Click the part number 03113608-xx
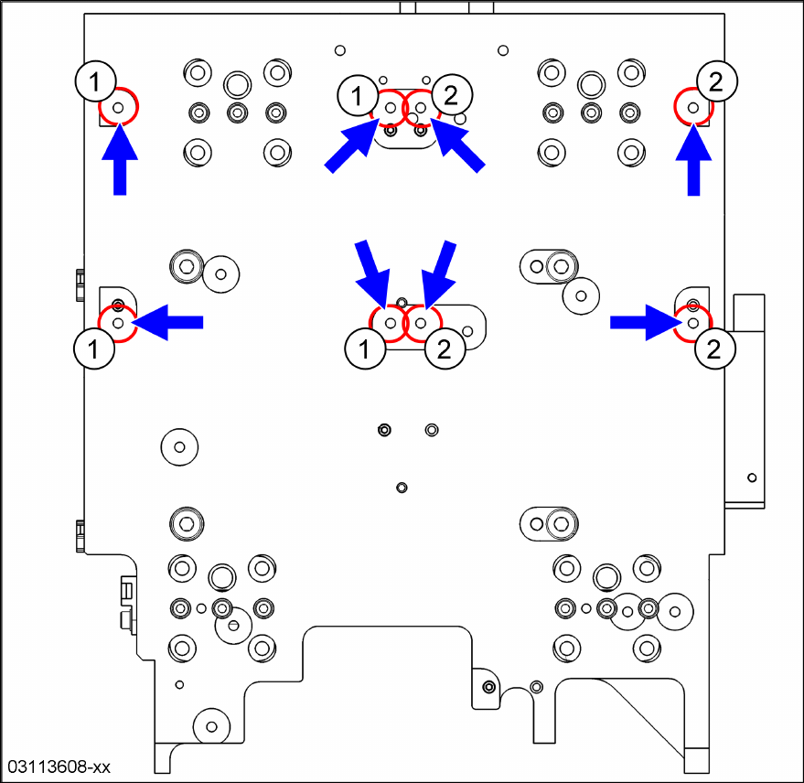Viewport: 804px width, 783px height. click(59, 766)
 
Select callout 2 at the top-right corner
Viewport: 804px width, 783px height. click(716, 81)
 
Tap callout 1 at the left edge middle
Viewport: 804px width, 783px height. click(92, 348)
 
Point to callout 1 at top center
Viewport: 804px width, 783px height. click(357, 92)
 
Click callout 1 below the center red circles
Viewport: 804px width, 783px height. click(366, 349)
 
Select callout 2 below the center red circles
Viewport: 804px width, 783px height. click(445, 349)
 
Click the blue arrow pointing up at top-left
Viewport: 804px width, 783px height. click(119, 162)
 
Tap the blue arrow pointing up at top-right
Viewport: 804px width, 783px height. click(693, 162)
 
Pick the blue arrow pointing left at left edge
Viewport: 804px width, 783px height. click(170, 321)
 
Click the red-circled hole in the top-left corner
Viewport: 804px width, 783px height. click(118, 108)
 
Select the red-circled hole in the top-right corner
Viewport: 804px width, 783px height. click(693, 108)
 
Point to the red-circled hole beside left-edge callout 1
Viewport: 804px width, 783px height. click(117, 322)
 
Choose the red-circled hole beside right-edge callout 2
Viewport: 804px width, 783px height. click(693, 322)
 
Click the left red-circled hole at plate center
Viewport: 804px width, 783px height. click(391, 322)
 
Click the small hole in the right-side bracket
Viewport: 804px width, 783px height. click(752, 477)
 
